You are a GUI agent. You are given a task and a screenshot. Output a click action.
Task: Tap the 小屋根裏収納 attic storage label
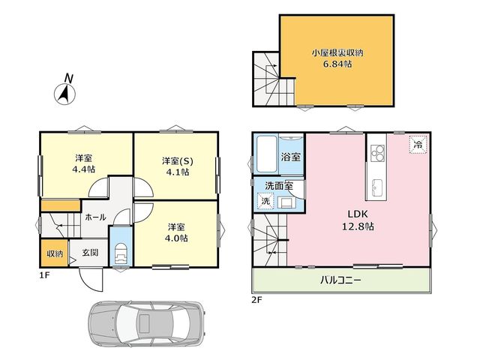pos(337,53)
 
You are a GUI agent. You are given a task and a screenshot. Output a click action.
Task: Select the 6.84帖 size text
pos(337,64)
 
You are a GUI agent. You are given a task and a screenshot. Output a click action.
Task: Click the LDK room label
pos(357,214)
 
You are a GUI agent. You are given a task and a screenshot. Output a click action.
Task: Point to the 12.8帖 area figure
pos(358,226)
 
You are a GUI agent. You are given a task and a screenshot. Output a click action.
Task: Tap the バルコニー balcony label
pos(340,280)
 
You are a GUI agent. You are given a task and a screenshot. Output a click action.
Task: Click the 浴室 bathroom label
pos(291,157)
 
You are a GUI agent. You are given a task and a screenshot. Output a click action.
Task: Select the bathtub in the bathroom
pos(267,154)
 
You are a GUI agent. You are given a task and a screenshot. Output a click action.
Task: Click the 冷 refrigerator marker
pos(418,145)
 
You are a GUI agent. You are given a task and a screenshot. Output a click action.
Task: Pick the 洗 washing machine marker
pos(265,201)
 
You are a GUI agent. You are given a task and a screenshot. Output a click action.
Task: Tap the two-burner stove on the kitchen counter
pos(377,153)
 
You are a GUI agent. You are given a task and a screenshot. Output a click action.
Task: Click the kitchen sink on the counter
pos(376,188)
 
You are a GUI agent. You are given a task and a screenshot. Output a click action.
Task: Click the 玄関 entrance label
pos(90,252)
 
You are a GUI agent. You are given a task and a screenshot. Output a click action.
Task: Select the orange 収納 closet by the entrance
pos(55,253)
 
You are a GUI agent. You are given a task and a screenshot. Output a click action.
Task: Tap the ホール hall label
pos(95,217)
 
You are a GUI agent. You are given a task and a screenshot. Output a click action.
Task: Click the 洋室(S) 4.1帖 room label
pos(177,166)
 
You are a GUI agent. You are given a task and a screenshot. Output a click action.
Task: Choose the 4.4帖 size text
pos(83,169)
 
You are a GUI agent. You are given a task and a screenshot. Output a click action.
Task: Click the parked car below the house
pos(146,322)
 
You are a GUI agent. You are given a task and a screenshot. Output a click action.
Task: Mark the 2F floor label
pos(256,300)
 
